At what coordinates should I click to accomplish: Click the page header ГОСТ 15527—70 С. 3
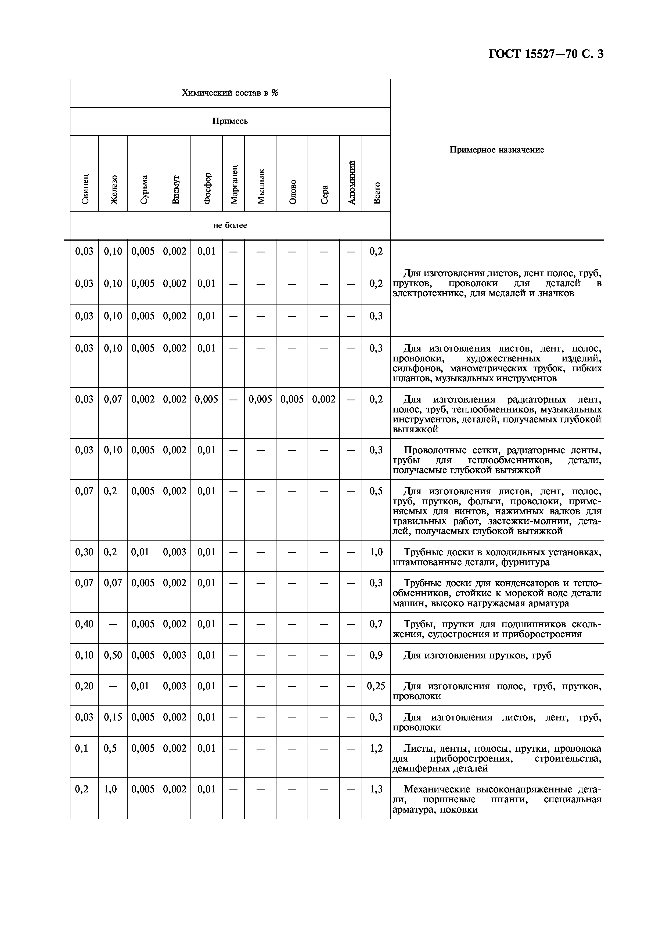pos(546,54)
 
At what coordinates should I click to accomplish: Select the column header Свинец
pos(85,189)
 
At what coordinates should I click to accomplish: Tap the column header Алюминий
pos(351,183)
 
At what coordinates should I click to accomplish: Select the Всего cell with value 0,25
pos(376,686)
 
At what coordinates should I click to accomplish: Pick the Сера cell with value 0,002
pos(323,399)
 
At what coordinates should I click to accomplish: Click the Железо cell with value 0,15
pos(113,717)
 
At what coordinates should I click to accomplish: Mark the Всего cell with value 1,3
pos(376,789)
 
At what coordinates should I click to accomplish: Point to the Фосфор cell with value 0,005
pos(206,399)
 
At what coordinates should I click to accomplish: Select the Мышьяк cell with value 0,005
pos(260,399)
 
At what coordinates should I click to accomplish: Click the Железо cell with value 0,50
pos(113,655)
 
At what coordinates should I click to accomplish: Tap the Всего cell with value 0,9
pos(376,655)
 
